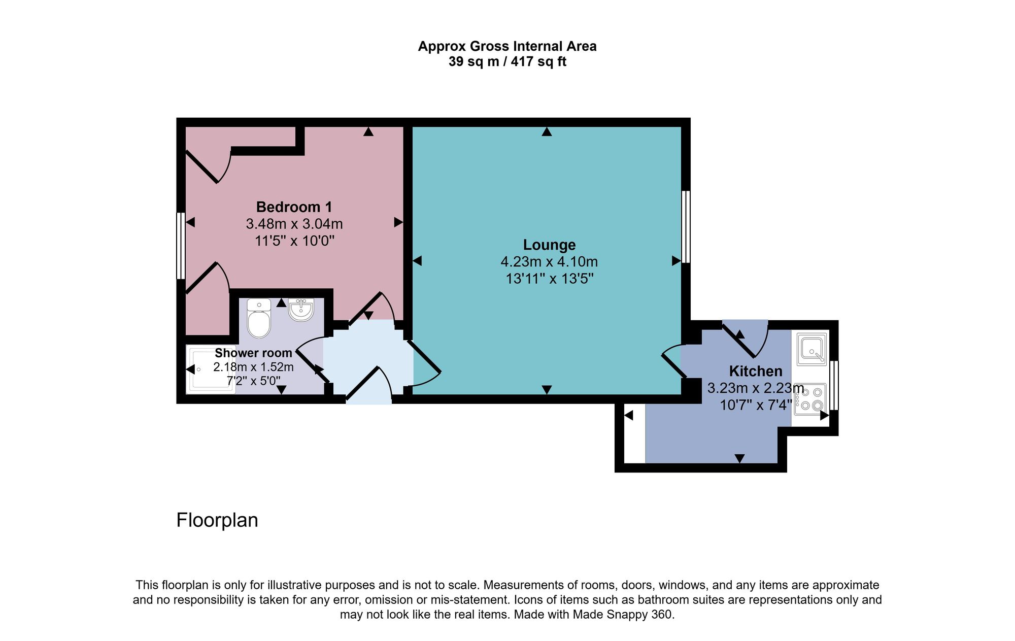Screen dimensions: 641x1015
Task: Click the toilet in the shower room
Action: (x=259, y=319)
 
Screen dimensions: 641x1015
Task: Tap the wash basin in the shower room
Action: (x=301, y=310)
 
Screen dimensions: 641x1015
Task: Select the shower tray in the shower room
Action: (x=211, y=369)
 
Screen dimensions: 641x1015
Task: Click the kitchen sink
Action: (x=811, y=349)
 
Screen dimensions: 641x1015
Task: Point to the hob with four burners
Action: (x=810, y=399)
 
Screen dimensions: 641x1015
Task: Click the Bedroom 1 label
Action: (x=294, y=207)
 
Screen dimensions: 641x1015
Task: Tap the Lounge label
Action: (x=549, y=245)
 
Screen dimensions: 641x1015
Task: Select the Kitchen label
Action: (x=755, y=371)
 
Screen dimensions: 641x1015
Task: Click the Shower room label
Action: (x=253, y=353)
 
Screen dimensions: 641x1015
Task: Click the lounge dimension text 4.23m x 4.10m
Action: (x=549, y=262)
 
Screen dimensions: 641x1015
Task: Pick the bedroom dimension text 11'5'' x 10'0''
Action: (x=294, y=241)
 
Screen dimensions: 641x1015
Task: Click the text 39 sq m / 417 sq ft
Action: (x=507, y=62)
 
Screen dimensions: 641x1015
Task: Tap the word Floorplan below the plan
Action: (x=217, y=520)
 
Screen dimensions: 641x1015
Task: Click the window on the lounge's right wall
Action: (x=686, y=227)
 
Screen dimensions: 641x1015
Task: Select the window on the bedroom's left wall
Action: (x=180, y=246)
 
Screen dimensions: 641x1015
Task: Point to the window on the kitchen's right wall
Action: (x=834, y=385)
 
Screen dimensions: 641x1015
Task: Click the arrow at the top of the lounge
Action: (x=546, y=132)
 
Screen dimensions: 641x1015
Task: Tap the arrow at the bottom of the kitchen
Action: (x=739, y=458)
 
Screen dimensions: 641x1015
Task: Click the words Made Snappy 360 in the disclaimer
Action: (x=623, y=615)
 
